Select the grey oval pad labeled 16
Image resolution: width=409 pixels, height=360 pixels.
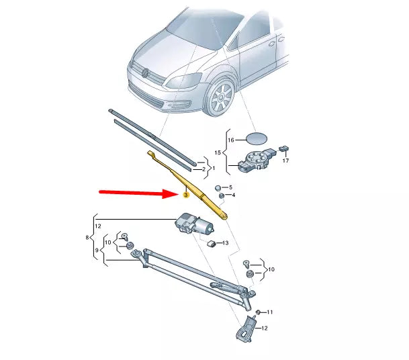(256, 140)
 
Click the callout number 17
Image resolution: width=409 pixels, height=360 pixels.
(285, 161)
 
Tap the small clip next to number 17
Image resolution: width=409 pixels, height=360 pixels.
(284, 148)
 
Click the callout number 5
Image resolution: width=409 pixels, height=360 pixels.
(231, 187)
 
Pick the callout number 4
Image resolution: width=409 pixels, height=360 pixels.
(232, 195)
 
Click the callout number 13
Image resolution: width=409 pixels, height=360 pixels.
(226, 243)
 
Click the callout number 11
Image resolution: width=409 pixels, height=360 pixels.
(270, 313)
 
